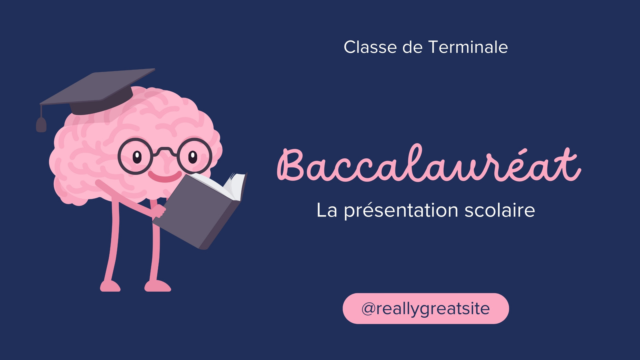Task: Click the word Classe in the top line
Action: point(370,47)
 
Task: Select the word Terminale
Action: point(468,47)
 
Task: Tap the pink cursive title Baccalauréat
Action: point(429,163)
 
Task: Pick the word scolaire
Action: point(500,210)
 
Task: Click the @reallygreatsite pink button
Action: point(426,308)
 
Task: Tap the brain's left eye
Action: point(137,157)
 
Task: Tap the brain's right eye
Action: point(193,157)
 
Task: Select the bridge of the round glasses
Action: point(165,150)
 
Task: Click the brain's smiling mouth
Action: point(165,176)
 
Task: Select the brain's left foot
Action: point(110,286)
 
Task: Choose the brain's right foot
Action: point(158,286)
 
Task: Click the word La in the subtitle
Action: point(327,210)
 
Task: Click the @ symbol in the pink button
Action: point(368,309)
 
